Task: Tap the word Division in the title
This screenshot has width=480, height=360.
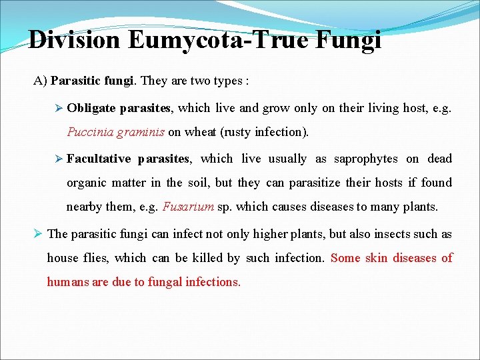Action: point(74,41)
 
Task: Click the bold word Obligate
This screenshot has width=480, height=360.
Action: point(91,107)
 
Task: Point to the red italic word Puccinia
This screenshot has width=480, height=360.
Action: point(89,132)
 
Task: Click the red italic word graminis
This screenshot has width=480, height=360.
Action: point(140,132)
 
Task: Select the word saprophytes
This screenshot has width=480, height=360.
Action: point(365,159)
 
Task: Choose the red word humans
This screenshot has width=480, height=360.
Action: point(68,282)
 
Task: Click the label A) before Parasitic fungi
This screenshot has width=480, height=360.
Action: point(40,81)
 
